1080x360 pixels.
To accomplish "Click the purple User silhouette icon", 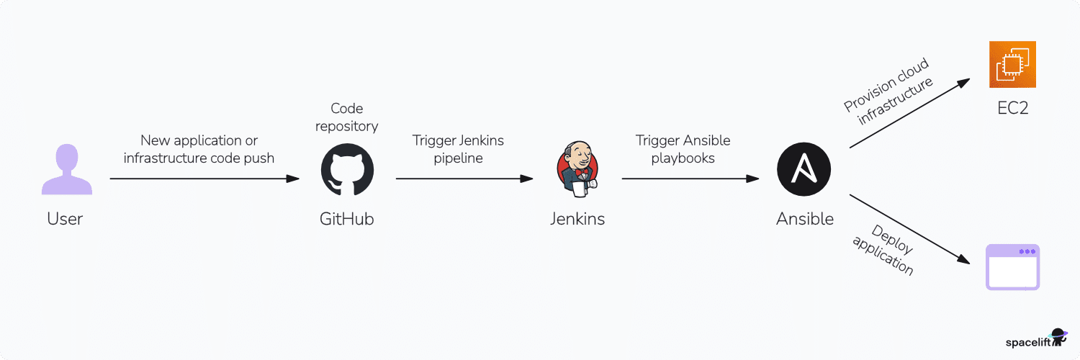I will coord(66,170).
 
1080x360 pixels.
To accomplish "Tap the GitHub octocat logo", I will coord(347,170).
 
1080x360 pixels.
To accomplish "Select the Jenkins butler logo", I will coord(577,170).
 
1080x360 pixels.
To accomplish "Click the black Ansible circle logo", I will coord(804,170).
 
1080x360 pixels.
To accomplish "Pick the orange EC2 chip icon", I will coord(1012,65).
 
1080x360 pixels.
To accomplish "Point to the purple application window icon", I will coord(1012,267).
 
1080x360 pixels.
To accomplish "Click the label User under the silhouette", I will coord(66,219).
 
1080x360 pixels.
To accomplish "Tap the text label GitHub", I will coord(347,219).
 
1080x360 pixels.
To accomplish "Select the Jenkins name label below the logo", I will coord(577,219).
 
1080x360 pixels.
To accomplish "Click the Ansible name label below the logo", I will coord(804,219).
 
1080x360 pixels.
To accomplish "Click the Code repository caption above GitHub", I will coord(347,117).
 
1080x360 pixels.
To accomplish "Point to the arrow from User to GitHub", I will coord(204,179).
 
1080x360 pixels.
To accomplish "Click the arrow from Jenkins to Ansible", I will coord(691,179).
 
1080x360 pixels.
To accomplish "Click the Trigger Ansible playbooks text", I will coord(683,149).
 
